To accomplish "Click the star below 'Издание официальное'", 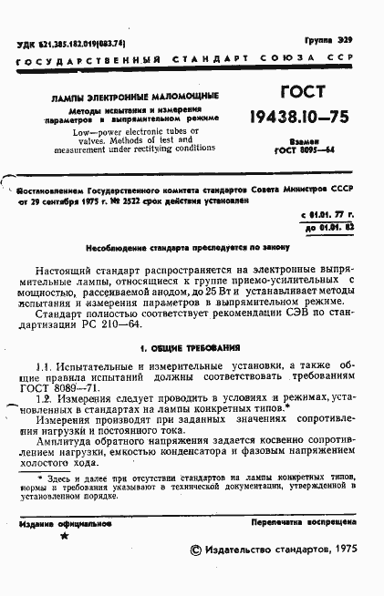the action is tap(63, 539).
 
